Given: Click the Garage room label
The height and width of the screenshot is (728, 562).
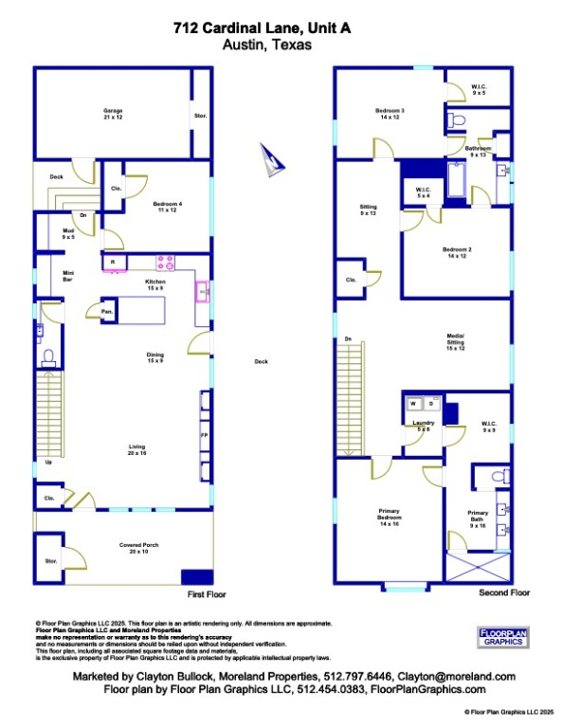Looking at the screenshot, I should point(113,114).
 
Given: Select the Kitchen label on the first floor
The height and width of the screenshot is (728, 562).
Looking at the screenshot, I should point(155,284).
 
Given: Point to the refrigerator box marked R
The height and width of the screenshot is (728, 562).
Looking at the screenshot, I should point(113,263).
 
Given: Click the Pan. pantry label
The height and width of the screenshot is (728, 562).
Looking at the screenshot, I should point(107,310).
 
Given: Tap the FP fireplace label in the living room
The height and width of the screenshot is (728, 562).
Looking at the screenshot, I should point(203,435).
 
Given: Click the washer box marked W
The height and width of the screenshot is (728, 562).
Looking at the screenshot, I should point(413,405).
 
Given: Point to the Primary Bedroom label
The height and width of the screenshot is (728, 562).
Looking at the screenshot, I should point(390,518).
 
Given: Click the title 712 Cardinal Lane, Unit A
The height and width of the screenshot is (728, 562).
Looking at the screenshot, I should point(263,28).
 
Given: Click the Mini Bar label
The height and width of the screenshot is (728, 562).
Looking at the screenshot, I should point(42,277).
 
